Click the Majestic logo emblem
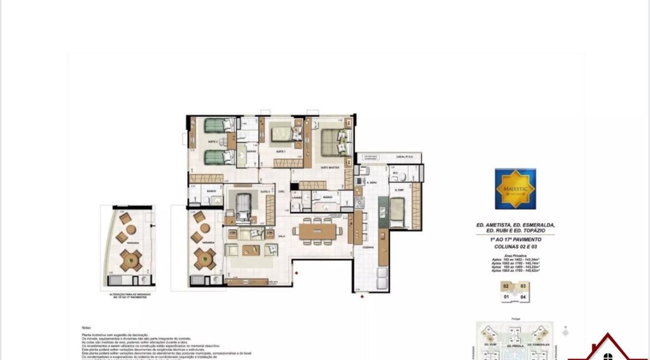click(x=516, y=188)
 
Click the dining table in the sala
click(x=318, y=231)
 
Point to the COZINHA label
click(x=368, y=247)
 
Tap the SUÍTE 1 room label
click(x=281, y=152)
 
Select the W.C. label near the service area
click(x=395, y=172)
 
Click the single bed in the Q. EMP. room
click(x=398, y=211)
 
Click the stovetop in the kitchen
click(x=359, y=203)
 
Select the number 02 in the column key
click(x=506, y=287)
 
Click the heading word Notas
click(x=86, y=328)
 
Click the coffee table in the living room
click(x=248, y=249)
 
